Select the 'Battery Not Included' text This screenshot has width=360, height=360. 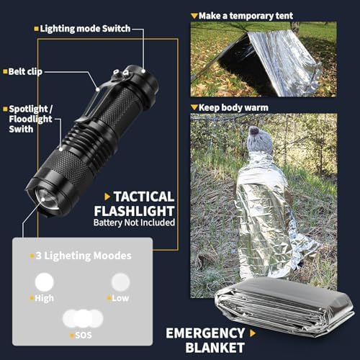click(x=134, y=223)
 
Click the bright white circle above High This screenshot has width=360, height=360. click(x=45, y=281)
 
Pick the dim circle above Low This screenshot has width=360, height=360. click(x=120, y=282)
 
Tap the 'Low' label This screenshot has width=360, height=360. click(x=121, y=298)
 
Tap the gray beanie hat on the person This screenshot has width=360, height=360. click(x=257, y=140)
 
